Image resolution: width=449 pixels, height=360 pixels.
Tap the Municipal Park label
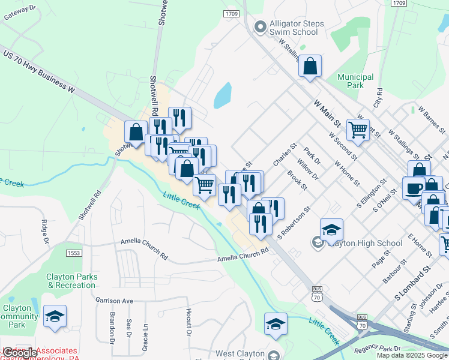coord(355,81)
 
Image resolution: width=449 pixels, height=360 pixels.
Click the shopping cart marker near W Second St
coord(358,129)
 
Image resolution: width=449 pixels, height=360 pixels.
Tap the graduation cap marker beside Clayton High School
coord(331,229)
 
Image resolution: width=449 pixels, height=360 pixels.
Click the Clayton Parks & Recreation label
coord(71,281)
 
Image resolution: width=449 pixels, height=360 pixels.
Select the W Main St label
coord(327,112)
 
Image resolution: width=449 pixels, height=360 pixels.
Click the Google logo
coord(19,353)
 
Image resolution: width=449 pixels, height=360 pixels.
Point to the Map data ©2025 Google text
coord(411,355)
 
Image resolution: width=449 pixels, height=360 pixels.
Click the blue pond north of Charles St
coord(222,95)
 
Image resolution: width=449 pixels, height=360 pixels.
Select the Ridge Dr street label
coord(46,232)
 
